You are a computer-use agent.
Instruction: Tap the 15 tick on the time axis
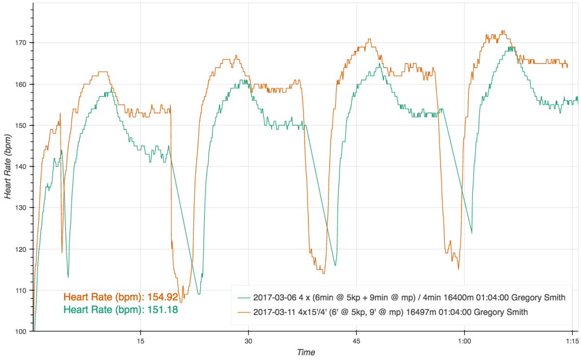pyautogui.click(x=140, y=340)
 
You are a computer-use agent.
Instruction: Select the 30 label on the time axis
pyautogui.click(x=248, y=340)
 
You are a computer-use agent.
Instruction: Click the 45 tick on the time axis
pyautogui.click(x=356, y=340)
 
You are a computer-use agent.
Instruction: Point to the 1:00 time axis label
pyautogui.click(x=464, y=340)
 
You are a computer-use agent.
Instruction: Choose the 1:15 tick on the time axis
pyautogui.click(x=572, y=340)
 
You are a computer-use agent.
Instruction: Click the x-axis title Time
pyautogui.click(x=306, y=352)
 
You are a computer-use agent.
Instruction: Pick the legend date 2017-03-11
pyautogui.click(x=274, y=313)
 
